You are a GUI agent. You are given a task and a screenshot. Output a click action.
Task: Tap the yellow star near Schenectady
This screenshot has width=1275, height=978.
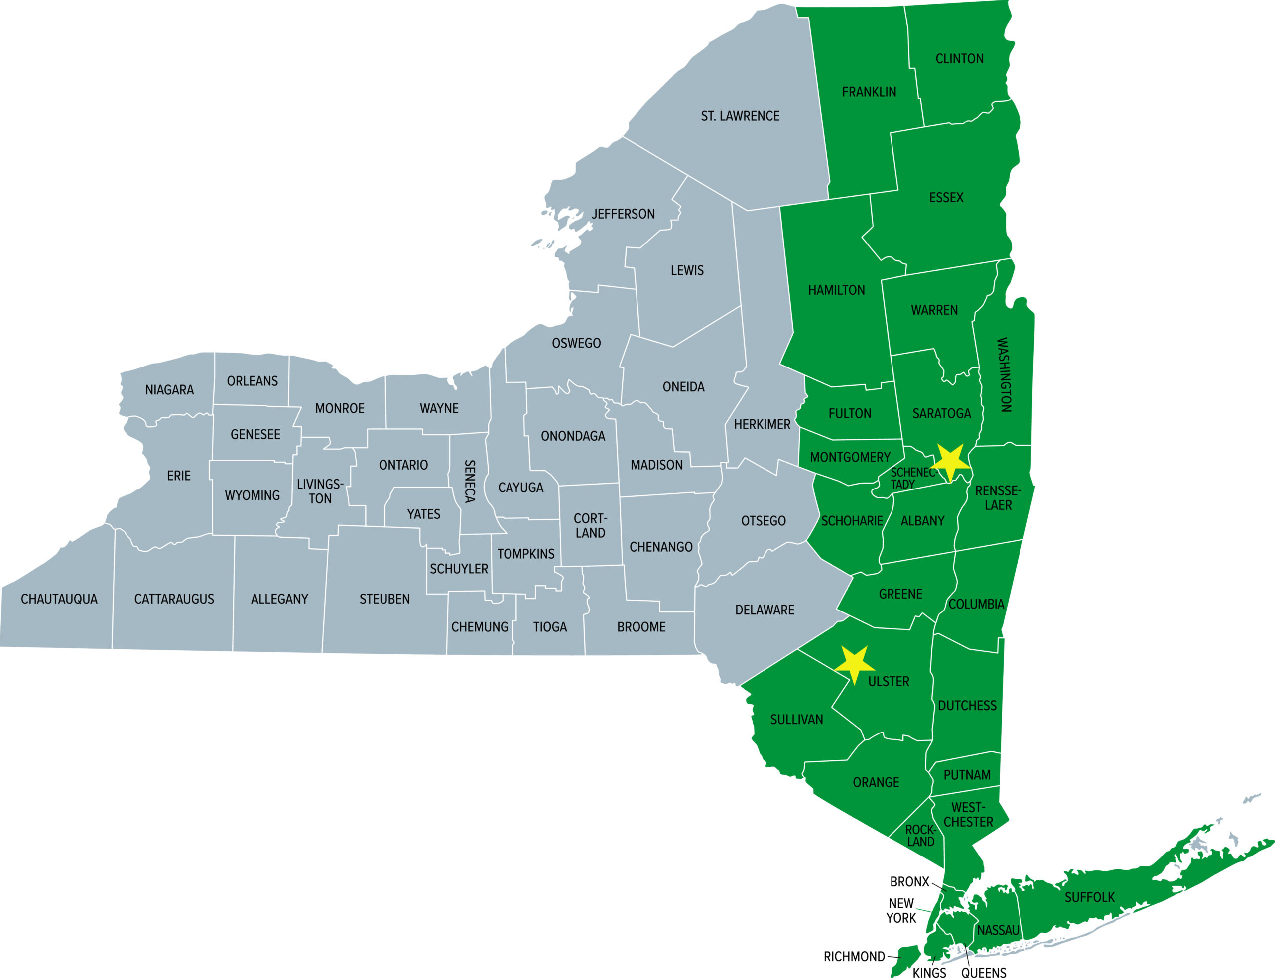950,463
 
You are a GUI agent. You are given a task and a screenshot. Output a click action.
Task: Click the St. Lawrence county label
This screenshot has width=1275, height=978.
740,116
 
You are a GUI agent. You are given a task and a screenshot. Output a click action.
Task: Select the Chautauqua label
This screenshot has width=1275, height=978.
59,599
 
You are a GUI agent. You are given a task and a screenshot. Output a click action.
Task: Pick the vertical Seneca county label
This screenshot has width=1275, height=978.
469,481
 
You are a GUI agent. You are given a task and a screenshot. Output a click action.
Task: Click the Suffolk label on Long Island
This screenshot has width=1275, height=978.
1089,898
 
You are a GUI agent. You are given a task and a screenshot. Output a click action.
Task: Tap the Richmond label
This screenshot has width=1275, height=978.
854,957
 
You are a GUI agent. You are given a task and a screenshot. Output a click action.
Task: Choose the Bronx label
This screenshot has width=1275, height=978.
909,882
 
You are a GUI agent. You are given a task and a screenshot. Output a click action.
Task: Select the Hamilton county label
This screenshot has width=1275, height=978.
836,290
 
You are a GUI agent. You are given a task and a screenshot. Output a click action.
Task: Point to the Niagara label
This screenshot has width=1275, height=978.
169,390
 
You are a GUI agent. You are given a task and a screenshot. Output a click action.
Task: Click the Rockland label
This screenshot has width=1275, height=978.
920,836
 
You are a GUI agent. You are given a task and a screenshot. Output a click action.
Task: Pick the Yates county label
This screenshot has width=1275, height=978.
423,514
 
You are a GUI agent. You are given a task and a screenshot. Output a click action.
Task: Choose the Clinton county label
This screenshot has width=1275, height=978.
959,59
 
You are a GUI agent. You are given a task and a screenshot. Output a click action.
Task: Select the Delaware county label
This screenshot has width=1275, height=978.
765,610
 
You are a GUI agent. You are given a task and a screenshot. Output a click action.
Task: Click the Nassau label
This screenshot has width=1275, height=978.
998,930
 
